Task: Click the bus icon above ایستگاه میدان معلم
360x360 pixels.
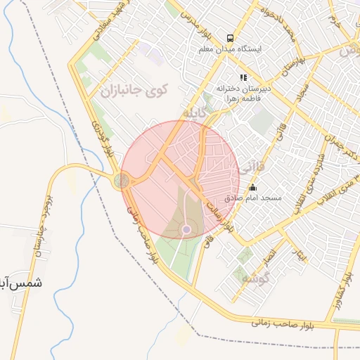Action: [x=230, y=39]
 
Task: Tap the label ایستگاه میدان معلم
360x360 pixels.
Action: [x=230, y=50]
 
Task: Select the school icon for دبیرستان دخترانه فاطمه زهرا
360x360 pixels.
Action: [x=243, y=77]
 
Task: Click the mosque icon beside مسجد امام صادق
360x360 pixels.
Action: [x=252, y=188]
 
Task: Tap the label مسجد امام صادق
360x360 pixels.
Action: [x=253, y=199]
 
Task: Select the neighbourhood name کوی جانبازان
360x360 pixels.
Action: [x=134, y=91]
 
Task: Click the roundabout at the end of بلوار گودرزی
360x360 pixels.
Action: [x=122, y=181]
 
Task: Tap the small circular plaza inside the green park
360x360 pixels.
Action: [x=186, y=229]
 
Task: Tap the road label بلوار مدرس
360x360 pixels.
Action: [x=191, y=22]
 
